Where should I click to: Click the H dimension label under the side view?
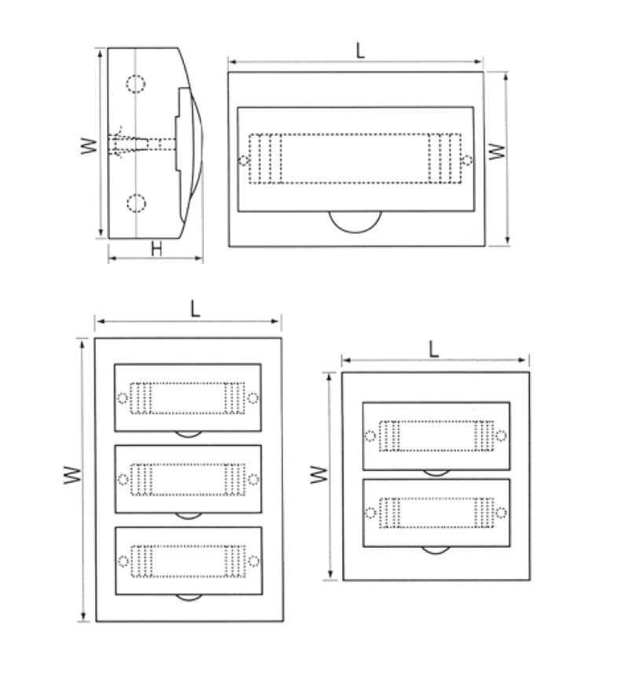point(156,248)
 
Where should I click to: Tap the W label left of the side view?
point(89,145)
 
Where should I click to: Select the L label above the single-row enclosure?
point(360,50)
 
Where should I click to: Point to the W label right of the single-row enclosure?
point(497,152)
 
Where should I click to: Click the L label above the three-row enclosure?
point(195,309)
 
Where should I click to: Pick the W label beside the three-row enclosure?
point(72,475)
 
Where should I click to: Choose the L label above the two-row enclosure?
point(433,349)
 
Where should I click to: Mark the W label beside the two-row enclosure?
point(319,475)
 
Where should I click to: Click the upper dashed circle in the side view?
point(136,83)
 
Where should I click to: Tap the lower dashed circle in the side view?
point(136,203)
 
